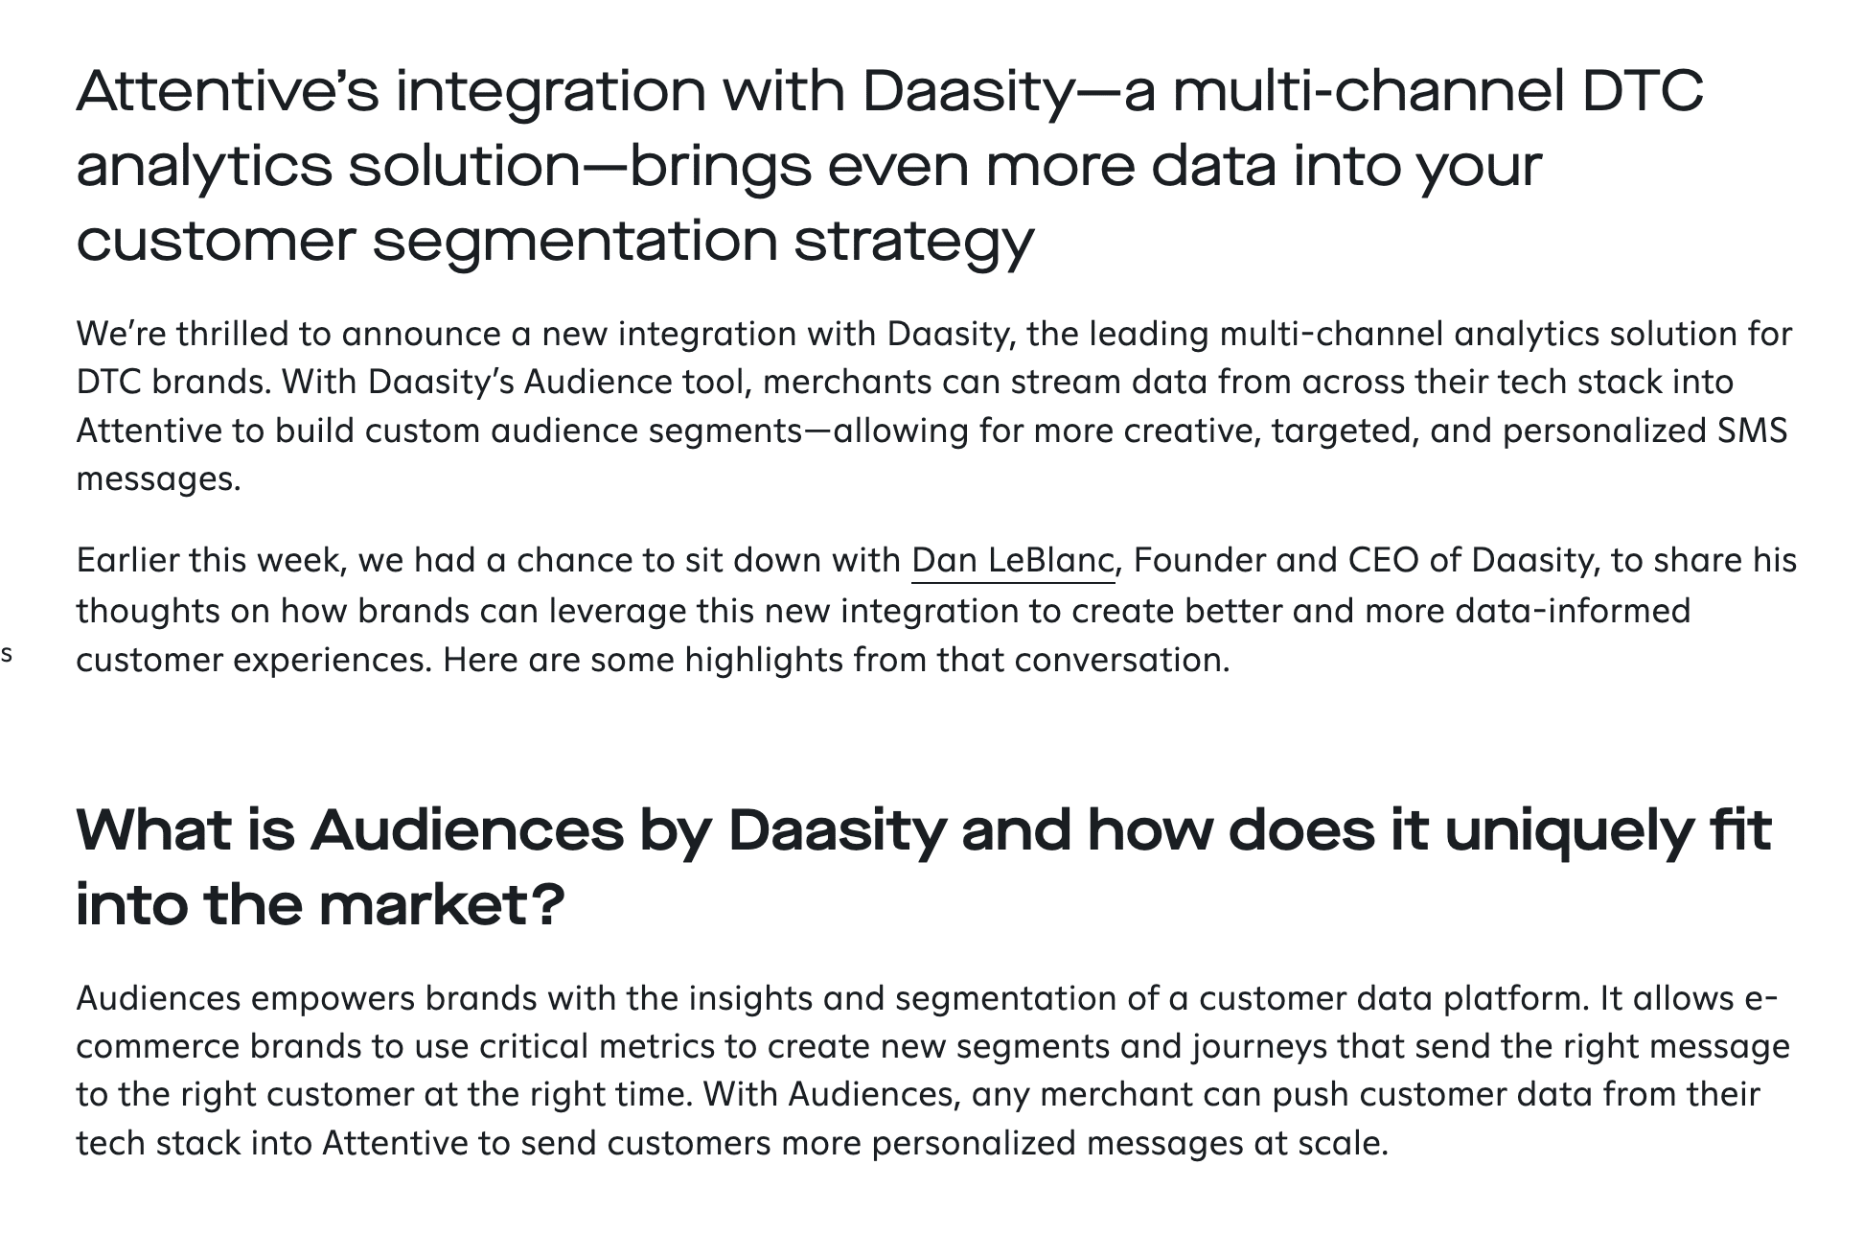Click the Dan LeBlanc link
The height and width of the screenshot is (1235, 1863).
(x=1012, y=561)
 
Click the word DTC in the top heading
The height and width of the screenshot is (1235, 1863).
(x=1643, y=91)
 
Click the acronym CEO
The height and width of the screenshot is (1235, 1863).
(x=1383, y=561)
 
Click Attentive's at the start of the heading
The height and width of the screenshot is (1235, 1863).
(x=228, y=91)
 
